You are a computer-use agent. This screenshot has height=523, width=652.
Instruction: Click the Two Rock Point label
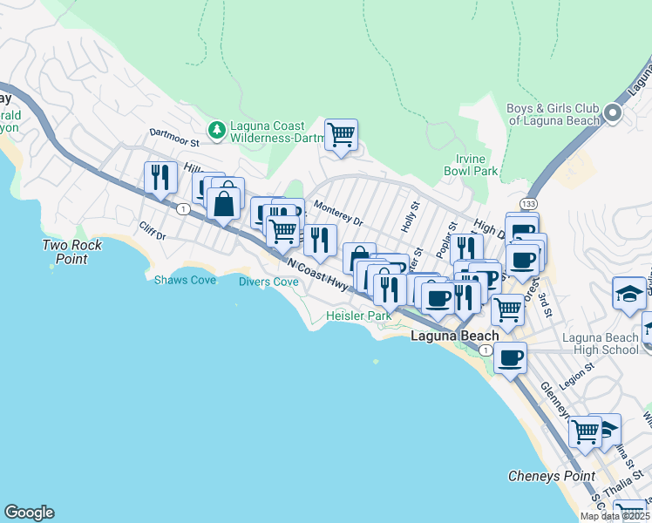point(72,252)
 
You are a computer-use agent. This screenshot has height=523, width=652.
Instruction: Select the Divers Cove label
point(268,282)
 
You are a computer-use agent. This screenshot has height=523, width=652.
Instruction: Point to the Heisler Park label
point(358,316)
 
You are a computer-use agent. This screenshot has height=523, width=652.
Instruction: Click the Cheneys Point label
point(551,476)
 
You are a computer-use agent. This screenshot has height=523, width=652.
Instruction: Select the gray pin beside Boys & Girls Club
point(613,114)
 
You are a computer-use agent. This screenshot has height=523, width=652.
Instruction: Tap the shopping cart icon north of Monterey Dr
point(341,134)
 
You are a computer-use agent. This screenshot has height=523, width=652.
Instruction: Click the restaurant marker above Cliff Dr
point(160,177)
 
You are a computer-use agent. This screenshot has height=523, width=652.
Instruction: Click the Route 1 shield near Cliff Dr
point(183,209)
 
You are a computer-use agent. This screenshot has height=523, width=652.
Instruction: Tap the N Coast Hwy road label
point(312,271)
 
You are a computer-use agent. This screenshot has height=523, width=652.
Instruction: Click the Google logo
point(29,513)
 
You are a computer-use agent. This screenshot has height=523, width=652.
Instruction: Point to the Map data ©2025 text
point(615,516)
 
